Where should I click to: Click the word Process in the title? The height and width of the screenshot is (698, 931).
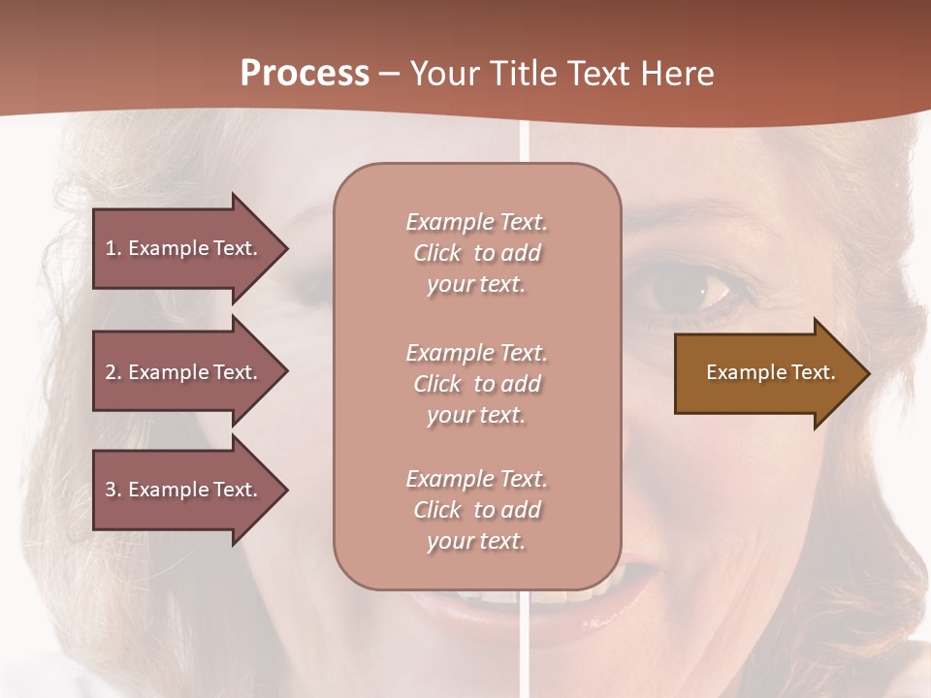pos(305,74)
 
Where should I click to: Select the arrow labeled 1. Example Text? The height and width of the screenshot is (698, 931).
pos(184,248)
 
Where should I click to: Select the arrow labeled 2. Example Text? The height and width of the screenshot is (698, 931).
pos(184,372)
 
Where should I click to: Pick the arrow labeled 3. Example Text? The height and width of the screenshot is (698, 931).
pos(184,490)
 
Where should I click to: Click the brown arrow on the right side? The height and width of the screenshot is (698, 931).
pos(766,373)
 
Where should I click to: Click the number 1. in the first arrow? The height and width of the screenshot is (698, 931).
pos(113,248)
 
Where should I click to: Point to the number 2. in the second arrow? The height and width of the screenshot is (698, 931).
pos(113,372)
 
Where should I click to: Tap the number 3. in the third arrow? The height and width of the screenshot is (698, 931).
pos(113,490)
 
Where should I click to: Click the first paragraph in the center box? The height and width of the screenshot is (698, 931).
pos(476,253)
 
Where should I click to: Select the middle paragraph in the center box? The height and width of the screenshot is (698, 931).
pos(476,384)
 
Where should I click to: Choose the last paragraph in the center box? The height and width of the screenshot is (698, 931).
pos(476,510)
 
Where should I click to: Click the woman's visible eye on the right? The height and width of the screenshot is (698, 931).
pos(690,288)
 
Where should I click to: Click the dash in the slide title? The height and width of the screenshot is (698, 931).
pos(389,75)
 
